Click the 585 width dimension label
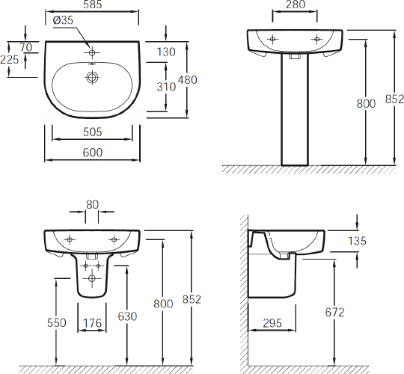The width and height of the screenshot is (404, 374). [x=93, y=4]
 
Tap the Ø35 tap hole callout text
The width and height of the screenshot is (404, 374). [x=63, y=20]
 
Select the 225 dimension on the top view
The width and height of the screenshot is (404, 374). [x=10, y=60]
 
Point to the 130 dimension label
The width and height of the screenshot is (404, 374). [x=166, y=52]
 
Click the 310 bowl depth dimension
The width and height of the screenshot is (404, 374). [x=166, y=87]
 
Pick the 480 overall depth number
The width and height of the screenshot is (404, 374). [x=188, y=80]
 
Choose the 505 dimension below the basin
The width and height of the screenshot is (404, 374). [x=93, y=132]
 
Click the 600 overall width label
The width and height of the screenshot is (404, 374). [x=93, y=153]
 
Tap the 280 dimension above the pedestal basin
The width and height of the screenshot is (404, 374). [x=296, y=4]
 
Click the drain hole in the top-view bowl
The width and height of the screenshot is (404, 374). [x=92, y=77]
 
